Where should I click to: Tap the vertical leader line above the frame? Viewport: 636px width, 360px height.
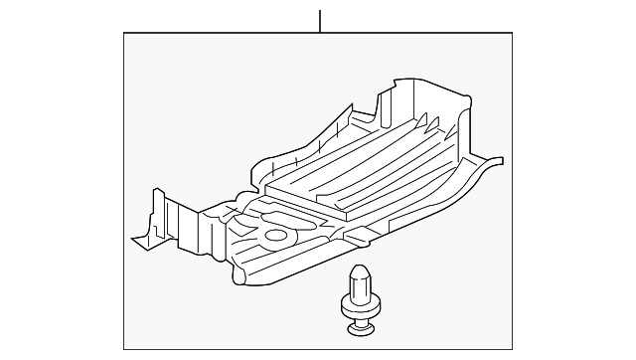click(x=320, y=20)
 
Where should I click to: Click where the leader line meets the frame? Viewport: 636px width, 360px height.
click(x=320, y=33)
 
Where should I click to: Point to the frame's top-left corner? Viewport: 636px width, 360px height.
click(x=123, y=33)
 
